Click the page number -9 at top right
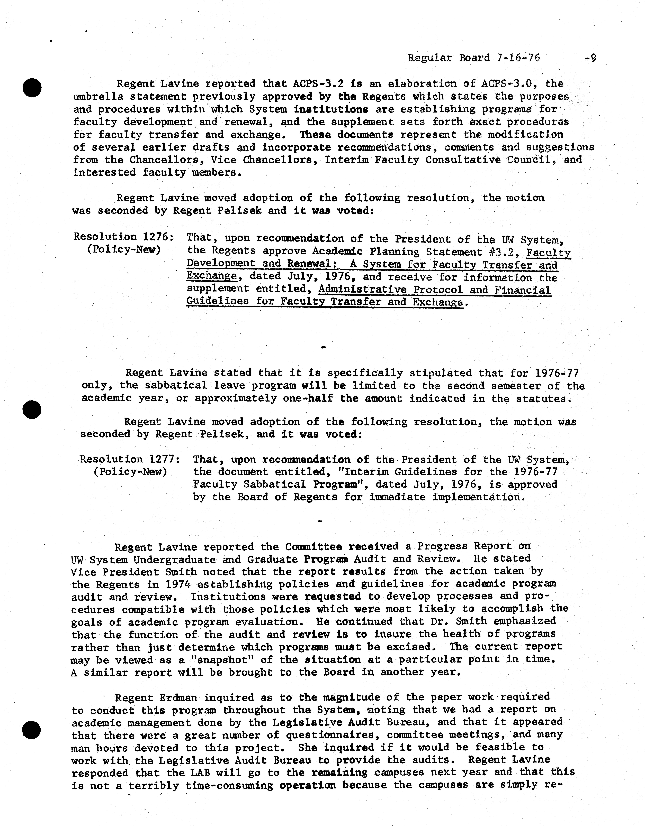590,58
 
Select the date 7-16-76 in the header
518,58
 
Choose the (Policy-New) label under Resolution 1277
130,472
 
